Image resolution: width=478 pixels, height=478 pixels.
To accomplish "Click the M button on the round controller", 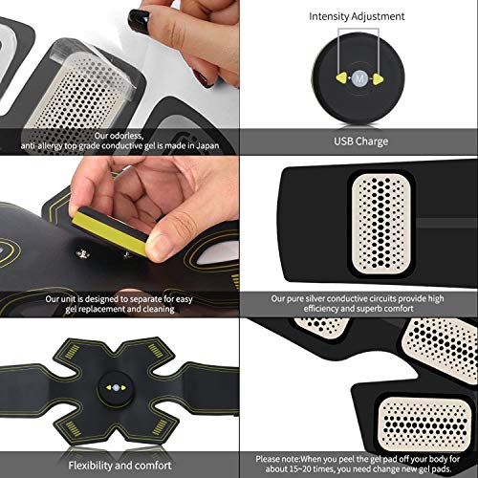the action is [x=359, y=78].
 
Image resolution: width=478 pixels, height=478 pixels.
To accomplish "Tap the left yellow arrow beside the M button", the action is [x=342, y=78].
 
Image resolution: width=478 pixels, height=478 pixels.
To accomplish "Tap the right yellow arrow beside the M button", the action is [x=378, y=78].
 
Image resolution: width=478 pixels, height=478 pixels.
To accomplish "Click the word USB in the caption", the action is [x=343, y=141].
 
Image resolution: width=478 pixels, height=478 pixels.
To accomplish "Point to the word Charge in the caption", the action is [x=372, y=141].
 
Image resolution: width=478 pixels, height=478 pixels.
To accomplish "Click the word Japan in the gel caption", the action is [x=207, y=146].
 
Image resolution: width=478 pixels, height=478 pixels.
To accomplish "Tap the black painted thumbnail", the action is [x=139, y=19].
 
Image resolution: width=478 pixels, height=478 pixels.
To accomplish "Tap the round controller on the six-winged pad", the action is [x=116, y=388].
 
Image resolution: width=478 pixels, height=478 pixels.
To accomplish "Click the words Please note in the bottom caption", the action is [x=277, y=459].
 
